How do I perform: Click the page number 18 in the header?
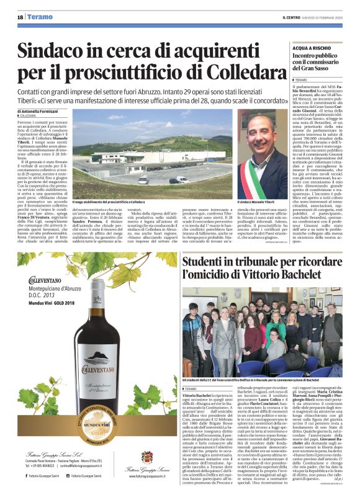19,16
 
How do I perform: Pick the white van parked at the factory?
143,180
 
